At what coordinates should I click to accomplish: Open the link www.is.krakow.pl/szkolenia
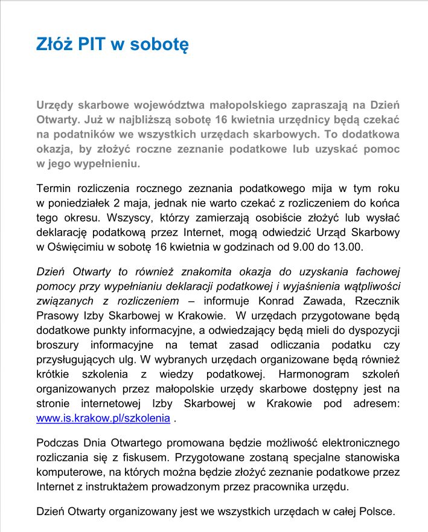click(103, 417)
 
